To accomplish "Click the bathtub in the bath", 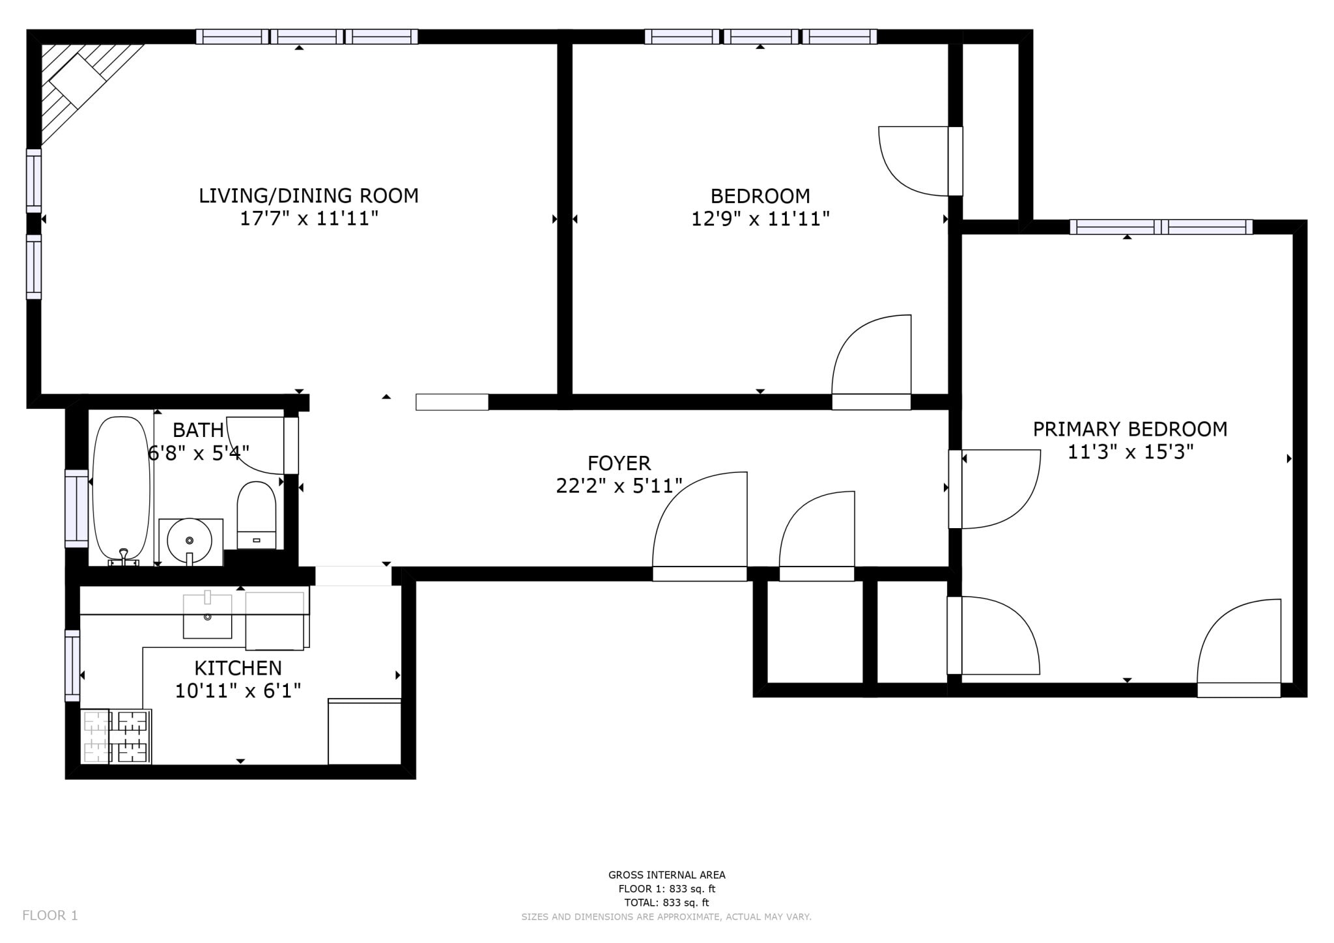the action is (121, 488).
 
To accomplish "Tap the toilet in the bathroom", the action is (257, 515).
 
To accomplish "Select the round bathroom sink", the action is (190, 541).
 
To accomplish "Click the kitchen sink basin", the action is (207, 616).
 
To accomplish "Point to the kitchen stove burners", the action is (116, 736).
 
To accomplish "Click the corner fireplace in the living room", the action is (81, 85).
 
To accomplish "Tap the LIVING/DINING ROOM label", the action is (309, 195).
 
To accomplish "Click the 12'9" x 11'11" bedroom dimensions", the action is (760, 219).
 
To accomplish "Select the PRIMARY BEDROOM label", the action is (1130, 429).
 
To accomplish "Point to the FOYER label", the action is (619, 463).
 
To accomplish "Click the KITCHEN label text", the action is (238, 668).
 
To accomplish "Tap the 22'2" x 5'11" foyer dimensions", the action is (619, 486).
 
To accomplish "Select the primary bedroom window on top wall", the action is (1161, 227).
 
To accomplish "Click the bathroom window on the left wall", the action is (76, 509).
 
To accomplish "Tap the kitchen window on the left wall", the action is (72, 666).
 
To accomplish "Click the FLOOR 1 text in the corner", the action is (50, 916).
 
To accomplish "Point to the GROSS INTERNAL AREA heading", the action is (666, 875).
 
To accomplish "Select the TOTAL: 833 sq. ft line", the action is (666, 903).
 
